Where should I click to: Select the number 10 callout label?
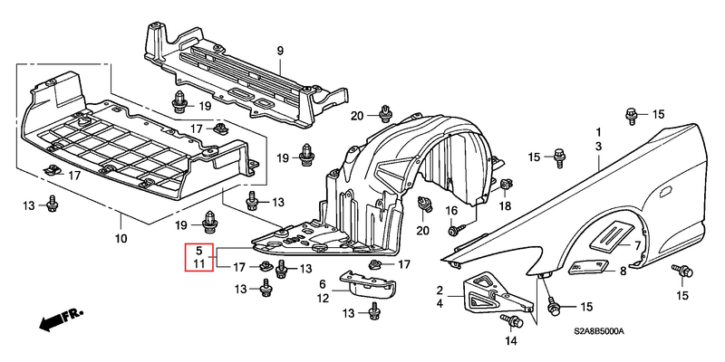point(121,239)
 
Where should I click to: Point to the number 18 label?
point(505,206)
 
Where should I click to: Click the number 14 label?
point(510,341)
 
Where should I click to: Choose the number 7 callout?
point(638,245)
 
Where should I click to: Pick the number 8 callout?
point(623,270)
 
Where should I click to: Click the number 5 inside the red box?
point(198,250)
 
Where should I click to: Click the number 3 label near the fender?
point(598,145)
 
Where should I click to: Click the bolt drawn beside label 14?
point(517,320)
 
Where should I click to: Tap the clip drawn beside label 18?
point(505,186)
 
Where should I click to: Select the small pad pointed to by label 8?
point(586,265)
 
